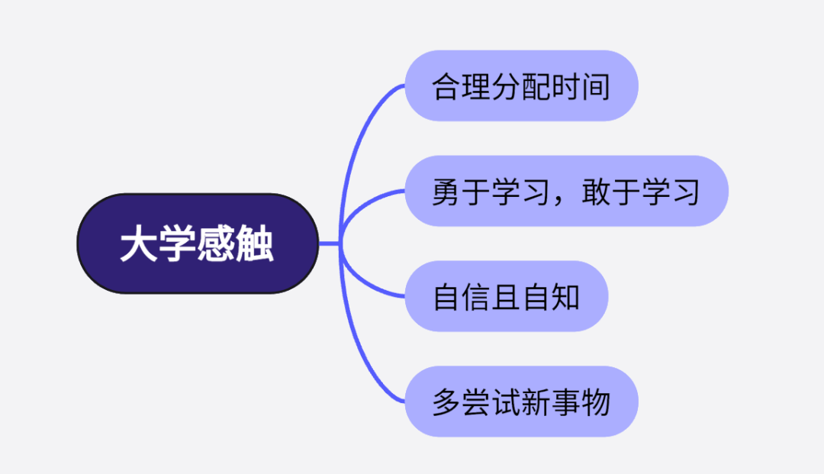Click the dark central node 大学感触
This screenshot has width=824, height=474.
tap(198, 243)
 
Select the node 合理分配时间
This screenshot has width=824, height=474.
tap(521, 85)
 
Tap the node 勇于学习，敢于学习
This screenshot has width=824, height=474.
tap(566, 191)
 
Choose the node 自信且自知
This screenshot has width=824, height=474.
tap(506, 296)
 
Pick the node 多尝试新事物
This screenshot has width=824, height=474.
tap(521, 401)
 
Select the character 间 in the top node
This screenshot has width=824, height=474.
tap(596, 86)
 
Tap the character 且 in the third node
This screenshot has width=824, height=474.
tap(506, 297)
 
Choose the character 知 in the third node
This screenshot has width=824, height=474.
tap(565, 297)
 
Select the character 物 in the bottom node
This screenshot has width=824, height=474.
tap(596, 402)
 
